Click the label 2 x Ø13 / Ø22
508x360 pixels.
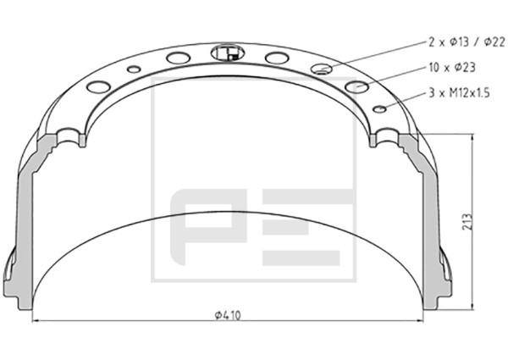(467, 42)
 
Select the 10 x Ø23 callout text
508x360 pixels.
(452, 68)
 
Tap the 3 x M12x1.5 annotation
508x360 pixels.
(459, 93)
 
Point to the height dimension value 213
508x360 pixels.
(467, 222)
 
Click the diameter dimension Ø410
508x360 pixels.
(228, 315)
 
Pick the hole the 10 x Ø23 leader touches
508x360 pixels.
(356, 86)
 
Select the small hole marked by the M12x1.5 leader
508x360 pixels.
(379, 109)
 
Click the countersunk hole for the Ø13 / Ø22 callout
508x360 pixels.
(322, 69)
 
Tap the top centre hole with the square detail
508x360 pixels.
(226, 53)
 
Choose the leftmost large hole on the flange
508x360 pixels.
(99, 86)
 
